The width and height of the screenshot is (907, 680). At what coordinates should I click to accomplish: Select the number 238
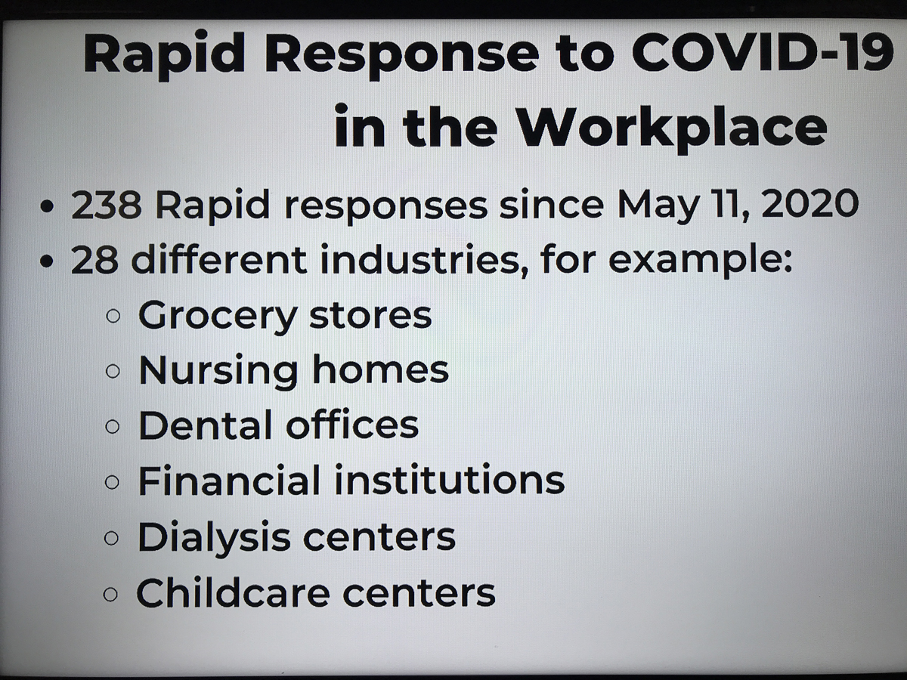point(107,205)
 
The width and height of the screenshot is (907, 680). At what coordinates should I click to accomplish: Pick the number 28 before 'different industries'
point(94,261)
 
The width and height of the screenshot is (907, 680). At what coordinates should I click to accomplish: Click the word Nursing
point(218,372)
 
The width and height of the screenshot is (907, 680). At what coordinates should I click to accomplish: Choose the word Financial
point(229,480)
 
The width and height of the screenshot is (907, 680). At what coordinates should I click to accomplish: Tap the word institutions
point(449,479)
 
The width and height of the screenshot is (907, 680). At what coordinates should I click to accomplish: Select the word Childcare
point(233,592)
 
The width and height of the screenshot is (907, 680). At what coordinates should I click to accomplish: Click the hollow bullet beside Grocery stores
point(113,317)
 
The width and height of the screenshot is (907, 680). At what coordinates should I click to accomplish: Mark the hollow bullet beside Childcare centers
point(111,595)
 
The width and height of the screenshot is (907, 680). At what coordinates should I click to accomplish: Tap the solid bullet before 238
point(48,206)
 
